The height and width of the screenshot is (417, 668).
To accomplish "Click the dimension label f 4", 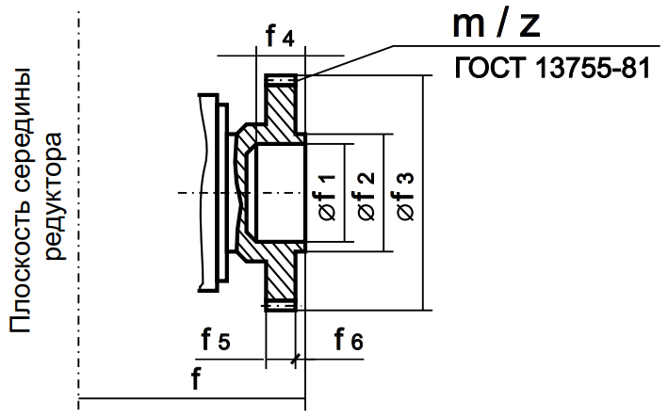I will click(280, 38).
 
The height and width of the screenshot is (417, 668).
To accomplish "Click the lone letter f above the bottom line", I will click(195, 381).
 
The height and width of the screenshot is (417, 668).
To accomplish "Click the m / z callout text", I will click(497, 25).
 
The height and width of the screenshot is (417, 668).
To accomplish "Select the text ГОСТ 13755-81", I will click(552, 70).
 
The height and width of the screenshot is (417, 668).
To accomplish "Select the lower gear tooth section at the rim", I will click(281, 304).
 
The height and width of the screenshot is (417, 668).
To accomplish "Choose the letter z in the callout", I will click(529, 25).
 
